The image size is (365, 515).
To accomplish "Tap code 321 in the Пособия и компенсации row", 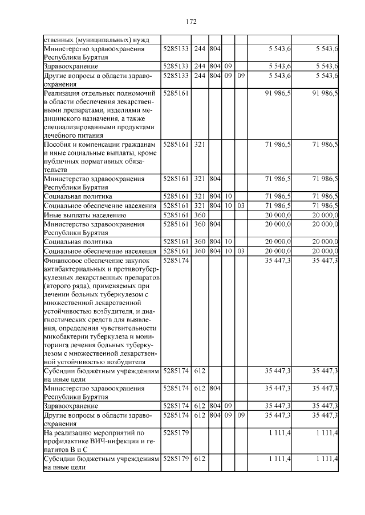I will [x=200, y=145].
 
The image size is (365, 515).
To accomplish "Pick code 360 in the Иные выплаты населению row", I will [x=200, y=216].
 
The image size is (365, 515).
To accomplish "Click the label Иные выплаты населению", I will [x=84, y=216].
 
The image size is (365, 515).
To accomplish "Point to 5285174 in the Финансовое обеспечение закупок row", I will [x=176, y=260].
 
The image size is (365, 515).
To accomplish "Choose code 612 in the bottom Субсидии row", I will [x=200, y=459].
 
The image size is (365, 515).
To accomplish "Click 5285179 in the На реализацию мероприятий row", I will [x=176, y=434].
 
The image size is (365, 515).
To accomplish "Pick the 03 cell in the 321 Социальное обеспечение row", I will [x=240, y=205].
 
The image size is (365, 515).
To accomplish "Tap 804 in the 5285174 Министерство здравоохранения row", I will [x=214, y=388].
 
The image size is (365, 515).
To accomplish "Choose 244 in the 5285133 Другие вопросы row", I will [x=200, y=75].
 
